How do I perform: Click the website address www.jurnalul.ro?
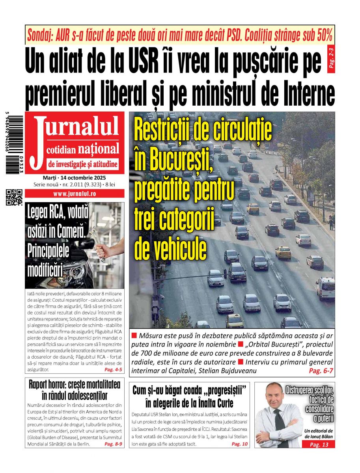click(x=75, y=194)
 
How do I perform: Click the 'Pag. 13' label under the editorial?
click(x=319, y=445)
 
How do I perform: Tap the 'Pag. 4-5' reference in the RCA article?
click(x=113, y=370)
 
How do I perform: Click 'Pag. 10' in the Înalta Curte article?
click(x=239, y=444)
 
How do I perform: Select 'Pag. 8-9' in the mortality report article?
click(x=113, y=444)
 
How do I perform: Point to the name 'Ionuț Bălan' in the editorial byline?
click(x=319, y=437)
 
